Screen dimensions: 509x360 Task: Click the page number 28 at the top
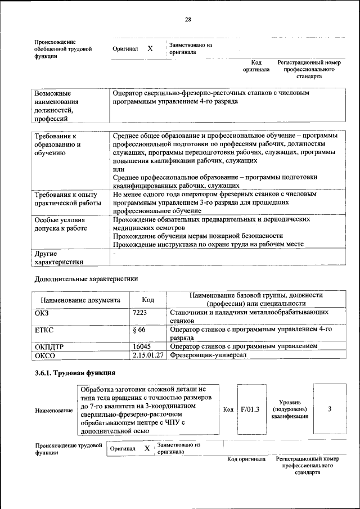188,20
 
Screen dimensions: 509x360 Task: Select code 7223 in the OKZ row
140,312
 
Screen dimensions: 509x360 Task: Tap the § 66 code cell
141,330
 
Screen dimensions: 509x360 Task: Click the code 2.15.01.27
148,355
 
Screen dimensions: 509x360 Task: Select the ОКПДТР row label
49,347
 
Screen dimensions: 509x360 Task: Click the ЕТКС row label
44,330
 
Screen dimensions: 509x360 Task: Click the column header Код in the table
148,300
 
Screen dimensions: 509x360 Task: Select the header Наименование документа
80,300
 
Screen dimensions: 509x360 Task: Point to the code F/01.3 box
249,409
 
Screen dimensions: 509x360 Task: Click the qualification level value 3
329,409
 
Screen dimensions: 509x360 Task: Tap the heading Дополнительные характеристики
86,278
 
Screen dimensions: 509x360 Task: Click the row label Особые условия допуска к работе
61,224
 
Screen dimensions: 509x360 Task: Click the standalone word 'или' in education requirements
118,169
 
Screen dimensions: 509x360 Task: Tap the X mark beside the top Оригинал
150,49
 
